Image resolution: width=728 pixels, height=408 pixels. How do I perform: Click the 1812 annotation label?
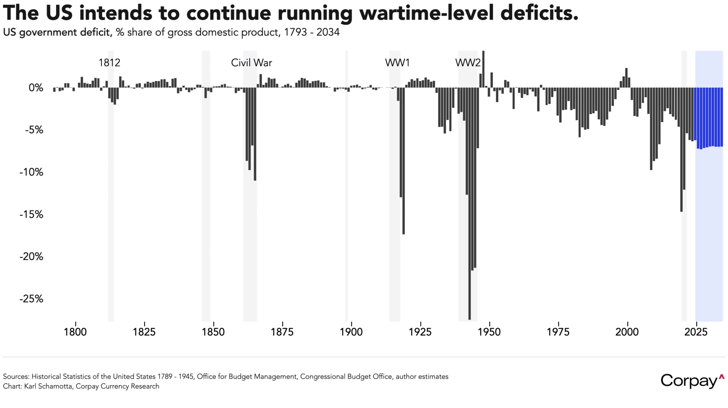[109, 63]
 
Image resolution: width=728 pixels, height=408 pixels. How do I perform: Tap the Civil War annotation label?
[251, 63]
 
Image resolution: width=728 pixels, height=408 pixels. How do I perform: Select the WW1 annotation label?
[397, 63]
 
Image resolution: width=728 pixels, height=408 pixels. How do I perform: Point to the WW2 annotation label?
[468, 63]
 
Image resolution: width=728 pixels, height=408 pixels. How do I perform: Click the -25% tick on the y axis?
[31, 299]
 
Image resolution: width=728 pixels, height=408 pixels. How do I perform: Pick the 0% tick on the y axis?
[36, 88]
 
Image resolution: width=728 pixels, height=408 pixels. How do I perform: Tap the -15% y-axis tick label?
[31, 215]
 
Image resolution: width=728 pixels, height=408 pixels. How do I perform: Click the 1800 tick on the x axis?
[75, 332]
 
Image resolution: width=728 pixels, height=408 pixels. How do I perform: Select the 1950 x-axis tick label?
[489, 332]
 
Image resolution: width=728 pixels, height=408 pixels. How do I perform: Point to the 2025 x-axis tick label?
[696, 332]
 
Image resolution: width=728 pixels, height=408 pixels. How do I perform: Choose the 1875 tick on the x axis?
[282, 332]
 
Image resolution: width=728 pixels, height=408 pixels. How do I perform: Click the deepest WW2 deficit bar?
[470, 204]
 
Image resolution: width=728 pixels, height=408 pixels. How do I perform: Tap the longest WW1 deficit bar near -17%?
[404, 163]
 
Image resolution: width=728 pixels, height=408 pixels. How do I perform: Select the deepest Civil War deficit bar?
[255, 135]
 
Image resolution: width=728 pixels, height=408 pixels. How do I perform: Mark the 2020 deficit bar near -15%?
[681, 151]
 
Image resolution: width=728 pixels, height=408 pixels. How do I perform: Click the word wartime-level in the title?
[427, 13]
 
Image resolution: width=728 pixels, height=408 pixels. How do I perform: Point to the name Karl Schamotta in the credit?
[48, 386]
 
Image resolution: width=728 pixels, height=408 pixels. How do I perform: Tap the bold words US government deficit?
[57, 32]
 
